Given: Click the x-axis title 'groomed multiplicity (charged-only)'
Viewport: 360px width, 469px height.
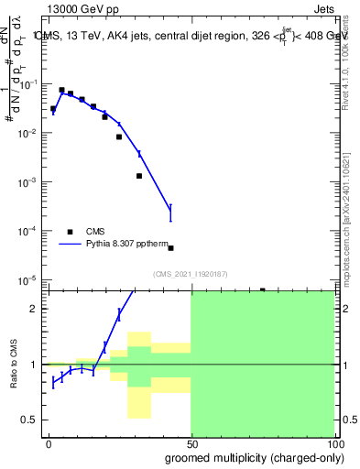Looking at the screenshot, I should (249, 457).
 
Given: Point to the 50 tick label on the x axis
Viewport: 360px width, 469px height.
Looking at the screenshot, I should (191, 443).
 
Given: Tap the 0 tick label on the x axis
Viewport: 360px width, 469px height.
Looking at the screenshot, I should (49, 443).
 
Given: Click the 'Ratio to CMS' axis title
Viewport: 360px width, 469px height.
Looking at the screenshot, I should (13, 365).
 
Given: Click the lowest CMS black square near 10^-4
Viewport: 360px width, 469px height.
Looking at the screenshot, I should (171, 247).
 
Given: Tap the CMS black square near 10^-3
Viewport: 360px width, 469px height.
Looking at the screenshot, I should (139, 176).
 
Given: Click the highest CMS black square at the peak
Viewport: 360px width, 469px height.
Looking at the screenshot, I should (61, 90).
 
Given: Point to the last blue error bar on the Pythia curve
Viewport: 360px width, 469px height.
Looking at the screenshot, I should (170, 213).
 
